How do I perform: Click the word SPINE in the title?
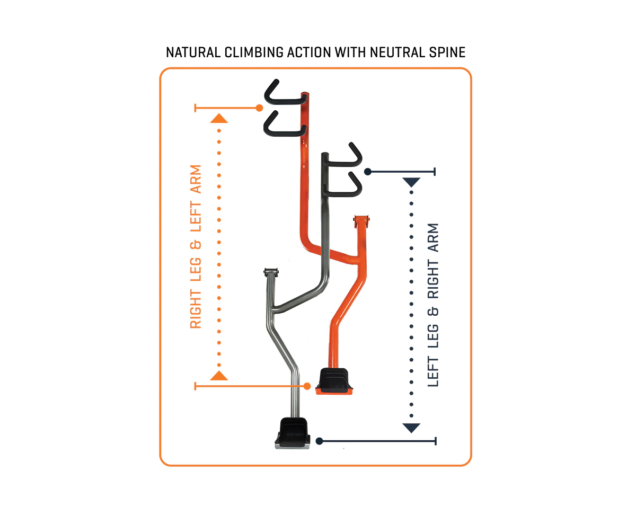point(447,52)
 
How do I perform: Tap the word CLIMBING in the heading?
point(254,52)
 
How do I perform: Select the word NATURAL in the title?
point(193,52)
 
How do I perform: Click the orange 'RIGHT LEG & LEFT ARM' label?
point(196,246)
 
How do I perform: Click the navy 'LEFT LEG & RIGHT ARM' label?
point(433,305)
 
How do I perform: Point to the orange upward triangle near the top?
point(219,118)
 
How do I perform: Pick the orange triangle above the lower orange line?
point(219,376)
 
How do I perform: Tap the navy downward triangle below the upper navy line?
point(411,182)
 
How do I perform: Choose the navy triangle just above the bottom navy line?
point(411,428)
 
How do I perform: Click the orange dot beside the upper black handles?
point(260,108)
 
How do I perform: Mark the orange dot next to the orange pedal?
point(307,386)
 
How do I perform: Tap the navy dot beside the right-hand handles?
point(368,172)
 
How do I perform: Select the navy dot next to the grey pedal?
point(319,441)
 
